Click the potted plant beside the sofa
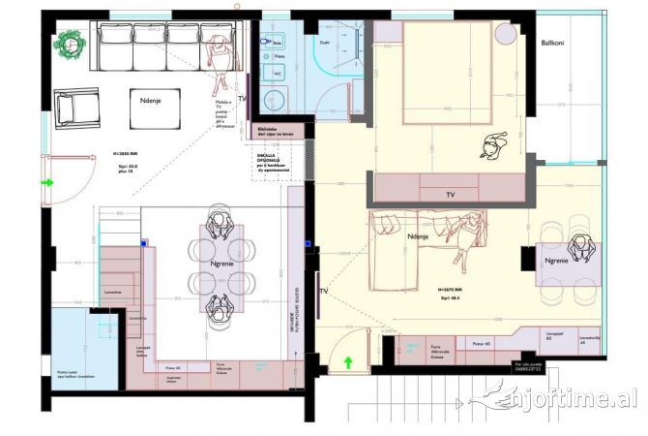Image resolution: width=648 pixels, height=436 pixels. tap(71, 44)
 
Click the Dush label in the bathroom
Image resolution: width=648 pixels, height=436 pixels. tap(325, 44)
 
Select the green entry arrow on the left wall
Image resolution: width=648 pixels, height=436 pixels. tap(45, 181)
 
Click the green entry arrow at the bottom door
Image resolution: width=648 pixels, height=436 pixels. tap(347, 363)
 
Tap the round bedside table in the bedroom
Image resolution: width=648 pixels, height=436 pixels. tap(507, 34)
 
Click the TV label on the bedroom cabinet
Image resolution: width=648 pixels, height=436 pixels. tap(450, 195)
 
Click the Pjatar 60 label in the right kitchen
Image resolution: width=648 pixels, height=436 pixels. tap(480, 344)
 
